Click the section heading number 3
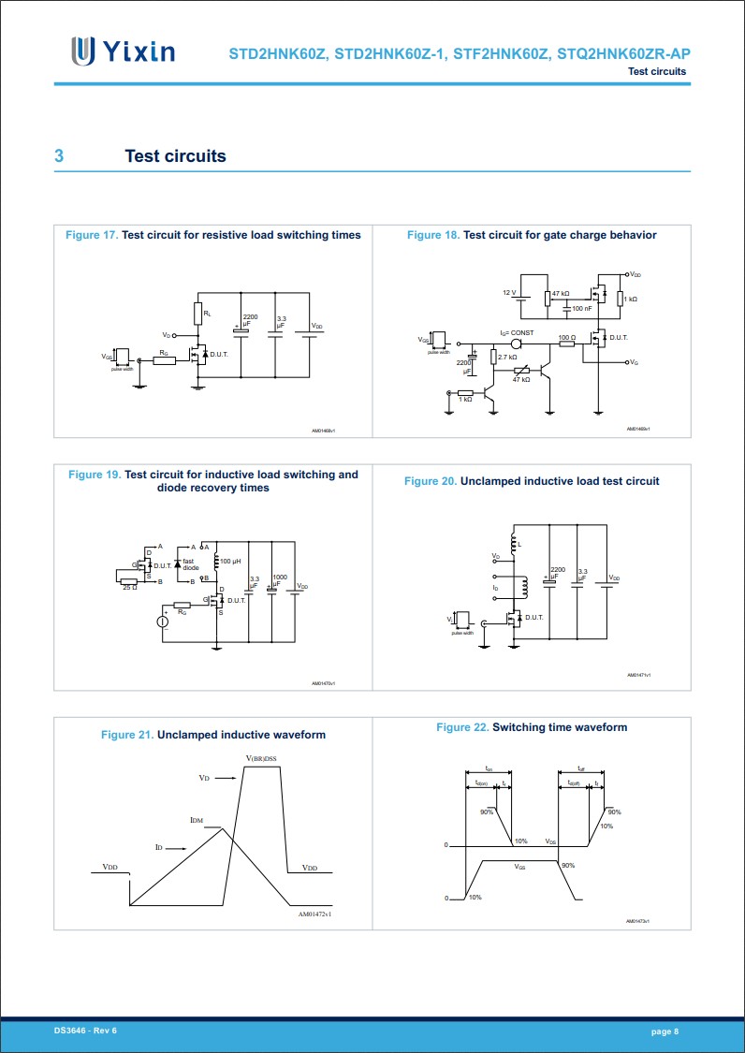[x=59, y=156]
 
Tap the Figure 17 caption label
[x=91, y=235]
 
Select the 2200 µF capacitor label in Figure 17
[x=249, y=320]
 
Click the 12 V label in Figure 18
[x=509, y=293]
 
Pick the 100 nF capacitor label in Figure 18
[x=581, y=308]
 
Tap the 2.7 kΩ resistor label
[x=508, y=358]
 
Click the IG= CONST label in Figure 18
[x=516, y=332]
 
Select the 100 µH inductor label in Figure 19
[x=231, y=561]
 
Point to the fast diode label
[x=190, y=564]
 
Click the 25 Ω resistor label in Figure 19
[x=129, y=587]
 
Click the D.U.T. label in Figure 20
[x=533, y=618]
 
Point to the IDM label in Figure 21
[x=196, y=820]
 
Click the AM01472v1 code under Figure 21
[x=315, y=914]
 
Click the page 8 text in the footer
[x=665, y=1031]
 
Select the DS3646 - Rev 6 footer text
[x=85, y=1031]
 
